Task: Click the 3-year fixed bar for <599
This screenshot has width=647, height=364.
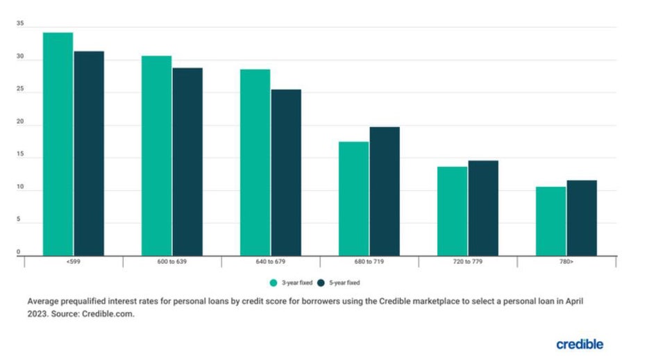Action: [58, 144]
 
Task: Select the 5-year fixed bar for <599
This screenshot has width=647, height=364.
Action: [89, 153]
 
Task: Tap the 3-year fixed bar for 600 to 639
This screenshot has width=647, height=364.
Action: [156, 156]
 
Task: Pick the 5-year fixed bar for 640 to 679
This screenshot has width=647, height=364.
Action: [286, 172]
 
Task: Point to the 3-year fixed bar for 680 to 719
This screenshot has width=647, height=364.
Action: [353, 199]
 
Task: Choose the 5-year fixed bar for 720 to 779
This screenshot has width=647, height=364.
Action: [483, 208]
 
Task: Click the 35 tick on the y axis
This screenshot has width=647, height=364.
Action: [20, 24]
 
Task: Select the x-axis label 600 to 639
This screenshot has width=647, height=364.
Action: [172, 262]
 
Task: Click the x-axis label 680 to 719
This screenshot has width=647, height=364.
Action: [369, 262]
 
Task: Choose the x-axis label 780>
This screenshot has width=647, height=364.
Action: [566, 262]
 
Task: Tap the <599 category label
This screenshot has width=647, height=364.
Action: [73, 262]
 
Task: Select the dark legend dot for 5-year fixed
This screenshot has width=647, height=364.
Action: [321, 283]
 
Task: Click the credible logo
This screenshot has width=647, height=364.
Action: [579, 344]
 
